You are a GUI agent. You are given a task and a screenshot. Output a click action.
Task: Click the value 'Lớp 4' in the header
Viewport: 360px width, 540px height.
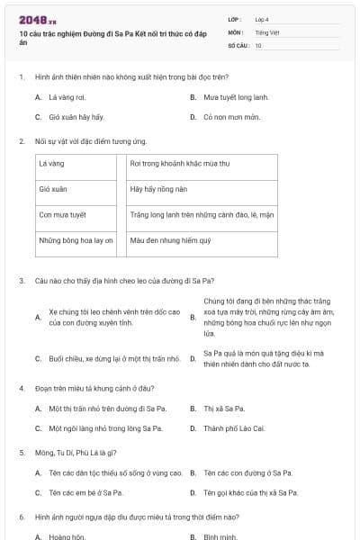point(262,19)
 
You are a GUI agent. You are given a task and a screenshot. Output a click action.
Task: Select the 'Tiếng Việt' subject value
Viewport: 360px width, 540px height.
point(266,31)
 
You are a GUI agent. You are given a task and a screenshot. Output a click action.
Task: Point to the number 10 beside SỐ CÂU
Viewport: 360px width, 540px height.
point(258,45)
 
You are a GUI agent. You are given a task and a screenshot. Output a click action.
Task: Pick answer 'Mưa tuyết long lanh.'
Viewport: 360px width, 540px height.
point(236,97)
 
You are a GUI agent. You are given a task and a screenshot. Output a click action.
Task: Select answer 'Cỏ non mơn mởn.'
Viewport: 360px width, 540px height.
point(231,117)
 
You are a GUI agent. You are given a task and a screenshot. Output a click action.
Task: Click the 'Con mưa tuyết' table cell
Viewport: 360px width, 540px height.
point(62,215)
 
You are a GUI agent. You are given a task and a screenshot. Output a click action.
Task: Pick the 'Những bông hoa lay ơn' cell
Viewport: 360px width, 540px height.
point(76,240)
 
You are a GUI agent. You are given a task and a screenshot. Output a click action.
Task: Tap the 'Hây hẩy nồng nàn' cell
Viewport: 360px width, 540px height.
point(158,190)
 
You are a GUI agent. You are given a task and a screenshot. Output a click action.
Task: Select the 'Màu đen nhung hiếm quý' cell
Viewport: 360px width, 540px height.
point(170,240)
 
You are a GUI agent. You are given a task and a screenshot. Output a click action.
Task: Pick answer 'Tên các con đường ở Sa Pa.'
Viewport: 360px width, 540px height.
point(247,472)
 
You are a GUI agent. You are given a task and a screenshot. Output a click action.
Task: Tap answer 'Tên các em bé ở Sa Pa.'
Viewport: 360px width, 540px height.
point(89,492)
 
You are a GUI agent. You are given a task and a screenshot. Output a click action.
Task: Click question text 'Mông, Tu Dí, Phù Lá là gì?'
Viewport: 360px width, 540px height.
point(76,452)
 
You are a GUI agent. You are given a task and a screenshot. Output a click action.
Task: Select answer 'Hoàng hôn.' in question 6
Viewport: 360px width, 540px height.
point(67,536)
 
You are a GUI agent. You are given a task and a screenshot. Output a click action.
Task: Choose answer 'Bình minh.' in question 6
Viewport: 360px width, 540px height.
point(220,536)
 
